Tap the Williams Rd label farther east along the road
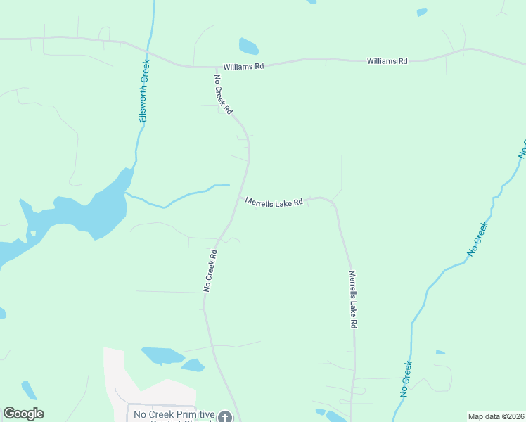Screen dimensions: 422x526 click(x=387, y=61)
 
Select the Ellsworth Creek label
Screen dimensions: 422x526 click(x=144, y=91)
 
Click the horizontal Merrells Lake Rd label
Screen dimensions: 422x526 click(x=274, y=202)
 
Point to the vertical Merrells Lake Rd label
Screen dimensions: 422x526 click(x=353, y=300)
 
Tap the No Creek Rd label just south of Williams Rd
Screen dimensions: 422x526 click(x=223, y=95)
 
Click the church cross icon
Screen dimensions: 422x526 click(x=224, y=417)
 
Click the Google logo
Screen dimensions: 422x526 click(x=23, y=414)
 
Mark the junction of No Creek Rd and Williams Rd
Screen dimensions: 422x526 click(x=210, y=68)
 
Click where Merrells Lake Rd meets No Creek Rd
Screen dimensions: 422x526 click(x=238, y=198)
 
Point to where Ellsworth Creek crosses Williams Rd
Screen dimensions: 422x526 click(x=148, y=51)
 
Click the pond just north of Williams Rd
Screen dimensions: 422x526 click(x=248, y=46)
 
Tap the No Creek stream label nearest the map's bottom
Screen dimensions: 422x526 click(x=406, y=380)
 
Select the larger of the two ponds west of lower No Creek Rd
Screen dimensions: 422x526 click(x=162, y=355)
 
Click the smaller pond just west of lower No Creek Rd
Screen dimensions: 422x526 click(x=192, y=365)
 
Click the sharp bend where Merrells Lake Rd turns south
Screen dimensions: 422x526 click(x=332, y=203)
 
